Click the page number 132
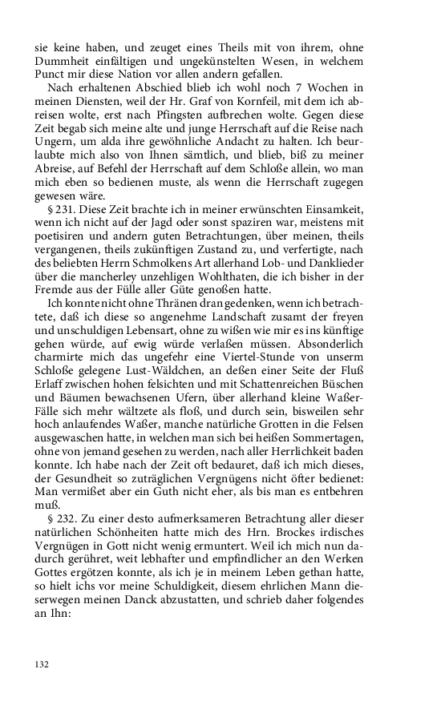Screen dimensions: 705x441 (x=42, y=664)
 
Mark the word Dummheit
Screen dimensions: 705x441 (x=66, y=57)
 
